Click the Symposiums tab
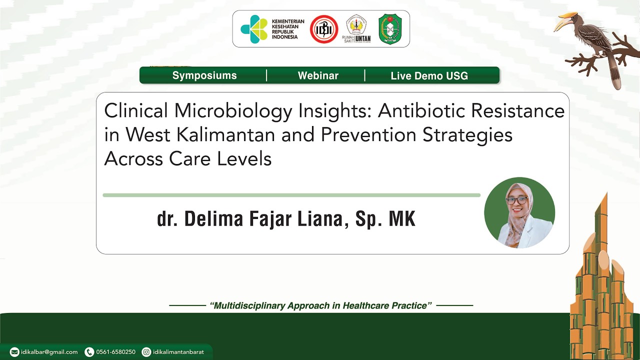click(204, 75)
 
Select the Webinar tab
click(318, 75)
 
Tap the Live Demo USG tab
click(429, 76)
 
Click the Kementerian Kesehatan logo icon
click(254, 29)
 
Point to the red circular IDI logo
click(324, 29)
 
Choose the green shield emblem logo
click(390, 29)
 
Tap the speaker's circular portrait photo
click(519, 212)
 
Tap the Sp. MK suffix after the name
click(385, 219)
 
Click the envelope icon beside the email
click(14, 352)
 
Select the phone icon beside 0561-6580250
click(89, 352)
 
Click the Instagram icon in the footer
click(146, 352)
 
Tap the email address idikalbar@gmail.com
click(49, 352)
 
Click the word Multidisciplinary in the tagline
click(248, 305)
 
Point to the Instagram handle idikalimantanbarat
click(178, 352)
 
